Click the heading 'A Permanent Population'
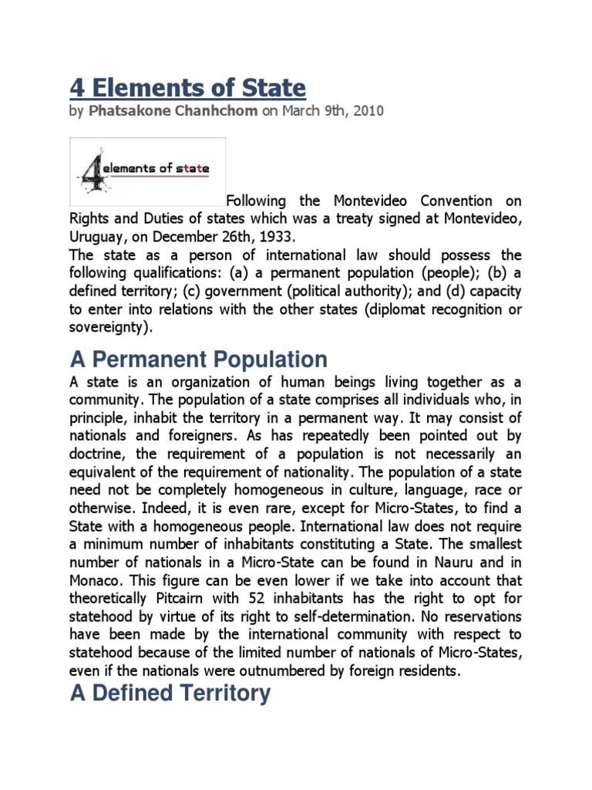(x=199, y=360)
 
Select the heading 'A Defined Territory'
(x=170, y=693)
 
